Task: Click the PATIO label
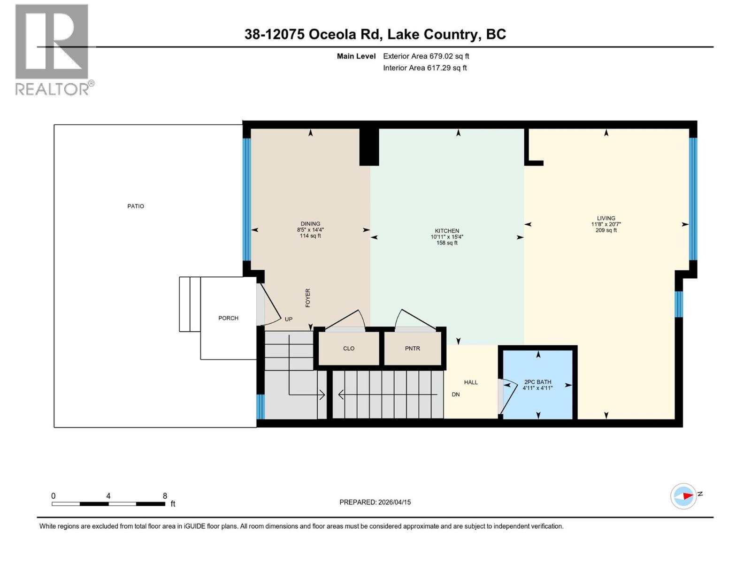[x=136, y=206]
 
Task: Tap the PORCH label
[x=228, y=318]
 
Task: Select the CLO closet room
[x=349, y=349]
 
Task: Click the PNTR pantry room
[x=413, y=349]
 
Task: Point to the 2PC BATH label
[x=537, y=382]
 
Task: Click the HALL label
[x=471, y=382]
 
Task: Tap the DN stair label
[x=456, y=395]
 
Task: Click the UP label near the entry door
[x=289, y=319]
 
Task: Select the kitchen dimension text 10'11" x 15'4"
[x=447, y=237]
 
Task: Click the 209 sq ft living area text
[x=606, y=230]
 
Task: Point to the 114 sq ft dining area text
[x=310, y=236]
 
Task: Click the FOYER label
[x=308, y=298]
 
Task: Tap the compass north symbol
[x=684, y=496]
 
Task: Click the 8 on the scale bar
[x=165, y=496]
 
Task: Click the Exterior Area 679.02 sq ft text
[x=426, y=56]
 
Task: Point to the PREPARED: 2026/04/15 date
[x=375, y=502]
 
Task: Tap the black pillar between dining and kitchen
[x=369, y=147]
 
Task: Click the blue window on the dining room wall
[x=247, y=199]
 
